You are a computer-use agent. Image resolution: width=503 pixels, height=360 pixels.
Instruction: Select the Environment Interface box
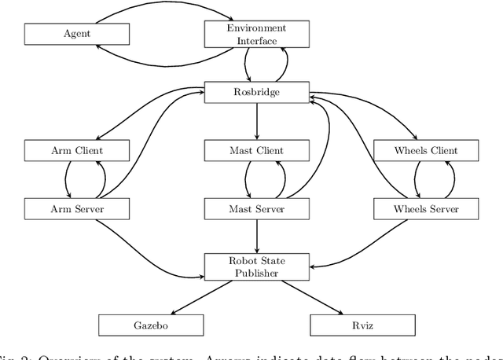point(257,34)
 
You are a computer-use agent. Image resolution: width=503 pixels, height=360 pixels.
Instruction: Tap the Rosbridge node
point(257,92)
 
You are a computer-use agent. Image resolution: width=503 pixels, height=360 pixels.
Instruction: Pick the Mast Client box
point(257,150)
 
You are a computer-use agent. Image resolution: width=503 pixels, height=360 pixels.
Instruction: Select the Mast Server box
point(257,208)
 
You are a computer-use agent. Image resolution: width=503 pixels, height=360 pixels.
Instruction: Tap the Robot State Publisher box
point(257,266)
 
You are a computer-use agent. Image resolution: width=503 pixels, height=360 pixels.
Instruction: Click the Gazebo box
point(150,325)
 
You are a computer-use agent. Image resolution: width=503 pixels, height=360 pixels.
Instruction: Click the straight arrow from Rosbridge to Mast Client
point(257,121)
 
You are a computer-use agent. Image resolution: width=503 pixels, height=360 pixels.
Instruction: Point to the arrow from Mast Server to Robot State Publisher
point(257,236)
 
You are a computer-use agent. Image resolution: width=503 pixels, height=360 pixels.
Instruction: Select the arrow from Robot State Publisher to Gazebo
point(204,296)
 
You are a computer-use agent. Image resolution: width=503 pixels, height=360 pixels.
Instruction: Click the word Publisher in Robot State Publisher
point(257,272)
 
